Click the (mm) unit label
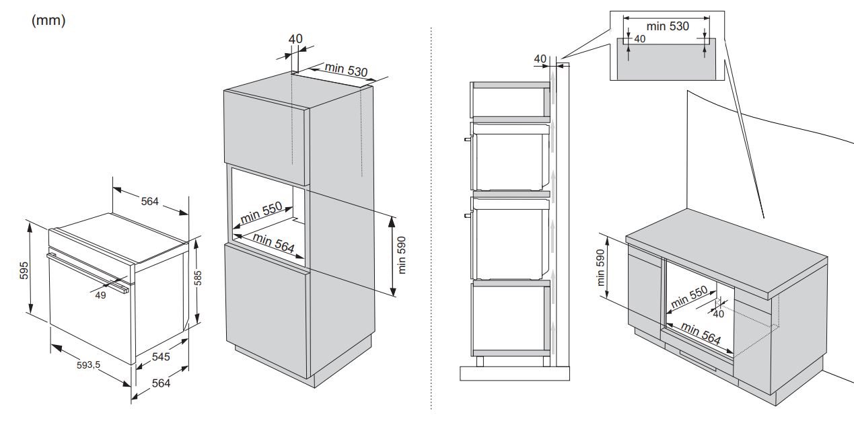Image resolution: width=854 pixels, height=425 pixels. coord(48,20)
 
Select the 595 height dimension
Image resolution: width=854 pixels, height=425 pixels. coord(24,270)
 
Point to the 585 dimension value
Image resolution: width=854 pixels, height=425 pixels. coord(197,278)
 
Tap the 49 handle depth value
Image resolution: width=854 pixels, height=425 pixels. coord(100,295)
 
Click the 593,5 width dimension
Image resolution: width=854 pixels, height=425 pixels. coord(88,365)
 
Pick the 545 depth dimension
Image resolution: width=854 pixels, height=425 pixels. coord(161,357)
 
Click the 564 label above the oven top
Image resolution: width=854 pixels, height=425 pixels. coord(150,201)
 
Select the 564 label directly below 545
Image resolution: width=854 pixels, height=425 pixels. coord(161,383)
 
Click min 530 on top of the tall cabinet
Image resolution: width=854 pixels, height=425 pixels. coord(346,69)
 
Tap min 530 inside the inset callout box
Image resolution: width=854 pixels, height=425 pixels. coord(668,26)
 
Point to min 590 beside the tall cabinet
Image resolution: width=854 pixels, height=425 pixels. coord(402,255)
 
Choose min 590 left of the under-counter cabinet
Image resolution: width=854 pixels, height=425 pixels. coord(600,268)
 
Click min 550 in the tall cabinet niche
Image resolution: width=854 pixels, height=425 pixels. coord(262,212)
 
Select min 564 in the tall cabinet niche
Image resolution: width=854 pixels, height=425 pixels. coord(274,243)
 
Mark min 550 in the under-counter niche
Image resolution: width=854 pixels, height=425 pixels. coord(689,297)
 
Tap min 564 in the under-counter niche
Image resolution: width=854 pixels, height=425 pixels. coord(701,333)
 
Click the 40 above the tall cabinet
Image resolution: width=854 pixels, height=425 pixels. coord(295,39)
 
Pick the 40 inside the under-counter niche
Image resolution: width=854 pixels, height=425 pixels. coord(718,314)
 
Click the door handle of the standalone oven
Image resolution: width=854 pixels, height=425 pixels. coord(87,272)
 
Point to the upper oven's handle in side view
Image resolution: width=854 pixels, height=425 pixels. coord(468,139)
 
